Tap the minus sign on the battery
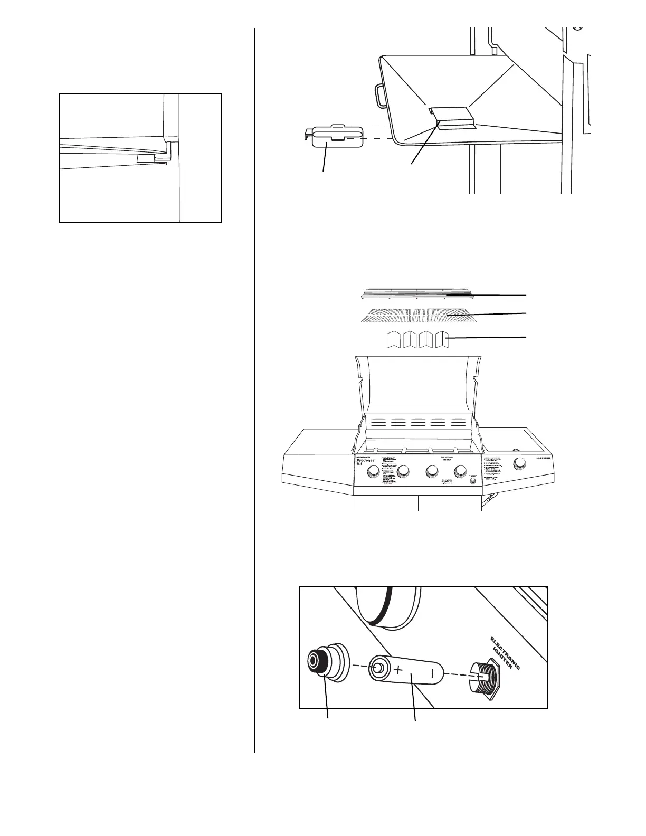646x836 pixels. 432,673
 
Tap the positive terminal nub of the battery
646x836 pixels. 376,667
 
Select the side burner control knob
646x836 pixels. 520,464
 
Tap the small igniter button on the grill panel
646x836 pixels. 472,481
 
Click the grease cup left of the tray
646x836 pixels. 337,136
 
